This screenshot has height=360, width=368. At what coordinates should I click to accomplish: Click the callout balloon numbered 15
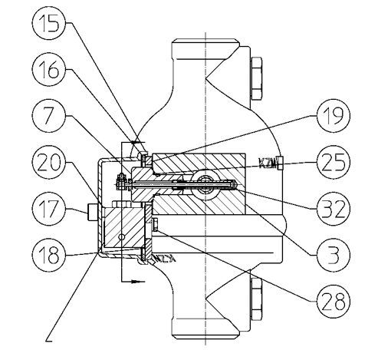click(49, 23)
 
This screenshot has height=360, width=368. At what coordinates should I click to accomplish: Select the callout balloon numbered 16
click(49, 70)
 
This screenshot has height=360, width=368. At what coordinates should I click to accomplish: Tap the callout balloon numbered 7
click(49, 116)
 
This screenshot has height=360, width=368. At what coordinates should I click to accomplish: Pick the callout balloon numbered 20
click(49, 162)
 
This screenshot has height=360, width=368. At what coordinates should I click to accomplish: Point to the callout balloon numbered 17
click(49, 208)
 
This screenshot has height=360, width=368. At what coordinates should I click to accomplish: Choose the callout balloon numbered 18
click(49, 255)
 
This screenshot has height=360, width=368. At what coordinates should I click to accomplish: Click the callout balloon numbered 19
click(333, 116)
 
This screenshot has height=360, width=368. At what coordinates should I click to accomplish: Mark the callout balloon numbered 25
click(333, 162)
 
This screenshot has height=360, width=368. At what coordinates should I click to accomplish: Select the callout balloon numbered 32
click(333, 208)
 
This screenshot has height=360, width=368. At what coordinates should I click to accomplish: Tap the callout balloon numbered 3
click(333, 255)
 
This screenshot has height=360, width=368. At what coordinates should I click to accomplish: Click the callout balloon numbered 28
click(333, 301)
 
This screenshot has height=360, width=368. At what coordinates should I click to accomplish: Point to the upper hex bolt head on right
click(256, 78)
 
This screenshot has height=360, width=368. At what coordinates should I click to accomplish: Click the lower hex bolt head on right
click(256, 299)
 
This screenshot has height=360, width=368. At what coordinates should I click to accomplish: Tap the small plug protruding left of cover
click(92, 212)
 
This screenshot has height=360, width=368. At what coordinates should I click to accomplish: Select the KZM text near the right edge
click(268, 163)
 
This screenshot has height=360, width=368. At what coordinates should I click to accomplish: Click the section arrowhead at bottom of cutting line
click(136, 282)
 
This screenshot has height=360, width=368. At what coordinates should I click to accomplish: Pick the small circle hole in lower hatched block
click(122, 237)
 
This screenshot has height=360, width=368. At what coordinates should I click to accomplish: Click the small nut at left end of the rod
click(120, 182)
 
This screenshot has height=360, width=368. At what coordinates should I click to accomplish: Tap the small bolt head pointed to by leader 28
click(155, 225)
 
